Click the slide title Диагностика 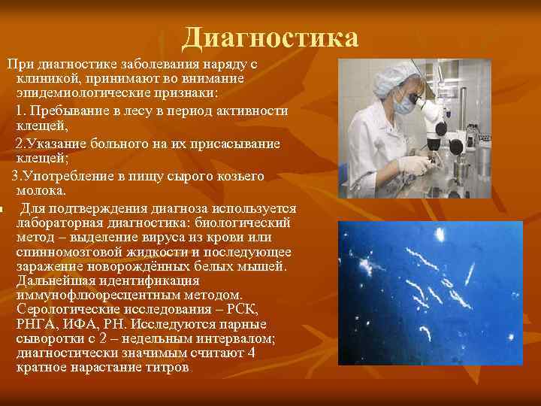coord(270,38)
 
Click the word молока coord(40,192)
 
